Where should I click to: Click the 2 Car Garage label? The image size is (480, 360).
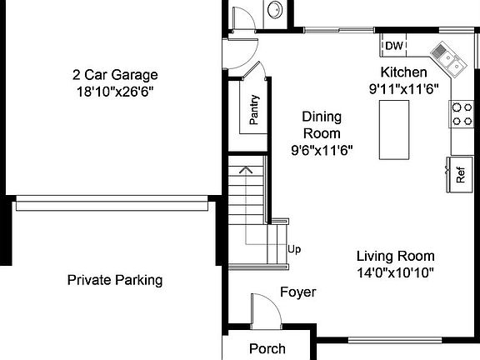coord(114,74)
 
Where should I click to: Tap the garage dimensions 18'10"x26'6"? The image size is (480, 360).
coord(114,90)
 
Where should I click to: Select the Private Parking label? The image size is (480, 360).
coord(114,280)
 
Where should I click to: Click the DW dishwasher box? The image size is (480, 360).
coord(394,46)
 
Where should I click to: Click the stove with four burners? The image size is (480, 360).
coord(461,114)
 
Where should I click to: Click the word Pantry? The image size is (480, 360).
coord(253,109)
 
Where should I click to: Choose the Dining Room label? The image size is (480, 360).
coord(321,125)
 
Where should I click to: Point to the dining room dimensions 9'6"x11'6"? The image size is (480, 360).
coord(322,151)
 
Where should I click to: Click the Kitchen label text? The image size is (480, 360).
coord(404,72)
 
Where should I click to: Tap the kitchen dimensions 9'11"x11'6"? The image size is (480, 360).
coord(404,88)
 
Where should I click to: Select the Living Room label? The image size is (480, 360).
coord(395,256)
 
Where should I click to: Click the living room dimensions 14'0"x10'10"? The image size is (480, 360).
coord(395,272)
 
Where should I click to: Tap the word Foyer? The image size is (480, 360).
coord(297,292)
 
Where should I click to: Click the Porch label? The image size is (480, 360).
coord(267,348)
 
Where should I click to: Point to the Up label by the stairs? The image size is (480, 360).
coord(293,248)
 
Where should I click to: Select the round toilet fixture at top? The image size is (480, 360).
coord(275,10)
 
